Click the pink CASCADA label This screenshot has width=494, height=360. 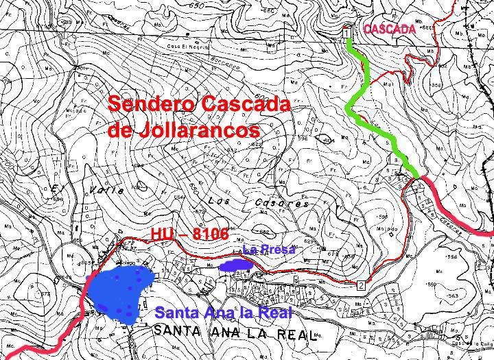coord(390,29)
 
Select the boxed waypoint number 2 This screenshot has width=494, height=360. coord(361,284)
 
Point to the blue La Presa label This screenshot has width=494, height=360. coord(268,250)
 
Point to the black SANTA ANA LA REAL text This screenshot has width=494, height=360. coord(233,335)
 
